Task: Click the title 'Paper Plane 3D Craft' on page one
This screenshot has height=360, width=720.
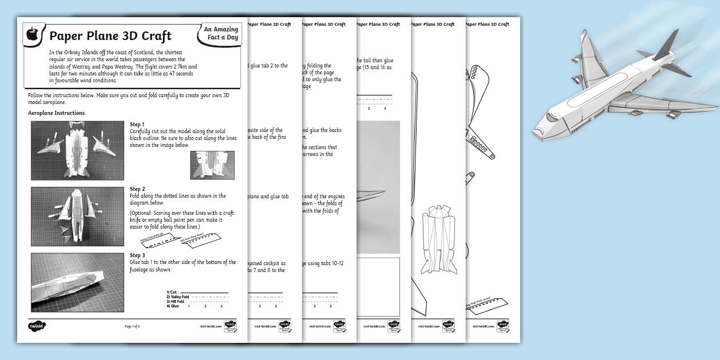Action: point(110,37)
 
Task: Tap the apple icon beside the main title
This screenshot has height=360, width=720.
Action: point(33,35)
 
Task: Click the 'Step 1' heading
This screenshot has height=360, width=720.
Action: point(137,125)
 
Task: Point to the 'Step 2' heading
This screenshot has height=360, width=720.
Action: point(137,189)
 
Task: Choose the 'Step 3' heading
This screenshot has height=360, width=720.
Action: point(137,255)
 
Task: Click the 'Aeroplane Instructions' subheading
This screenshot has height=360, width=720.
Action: point(57,113)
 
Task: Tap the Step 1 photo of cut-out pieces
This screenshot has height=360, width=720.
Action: point(77,150)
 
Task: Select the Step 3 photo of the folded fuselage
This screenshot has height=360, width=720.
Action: point(77,282)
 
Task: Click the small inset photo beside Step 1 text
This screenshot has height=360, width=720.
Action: point(212,165)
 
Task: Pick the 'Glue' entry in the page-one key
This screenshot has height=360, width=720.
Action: point(173,306)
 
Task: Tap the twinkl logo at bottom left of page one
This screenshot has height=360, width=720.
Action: point(37,326)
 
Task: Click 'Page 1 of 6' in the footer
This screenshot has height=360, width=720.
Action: point(132,326)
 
